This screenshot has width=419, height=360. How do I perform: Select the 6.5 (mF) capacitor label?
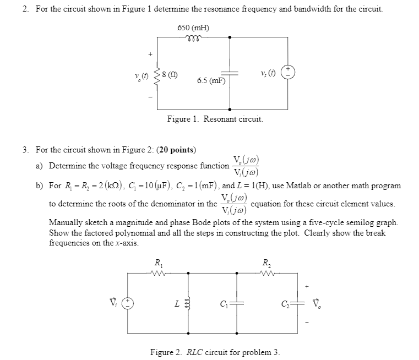pos(211,80)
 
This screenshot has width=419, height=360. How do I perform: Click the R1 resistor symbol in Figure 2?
pos(159,272)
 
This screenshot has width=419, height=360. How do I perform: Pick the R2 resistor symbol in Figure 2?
pos(266,272)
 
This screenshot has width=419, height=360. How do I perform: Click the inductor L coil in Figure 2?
pos(189,303)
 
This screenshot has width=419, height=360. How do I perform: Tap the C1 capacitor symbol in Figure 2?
pos(237,303)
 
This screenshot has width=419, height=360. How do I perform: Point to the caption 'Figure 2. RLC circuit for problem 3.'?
pos(215,352)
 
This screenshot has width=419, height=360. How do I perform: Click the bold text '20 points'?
pos(176,149)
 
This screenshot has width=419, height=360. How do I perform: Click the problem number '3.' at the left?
pos(26,149)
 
